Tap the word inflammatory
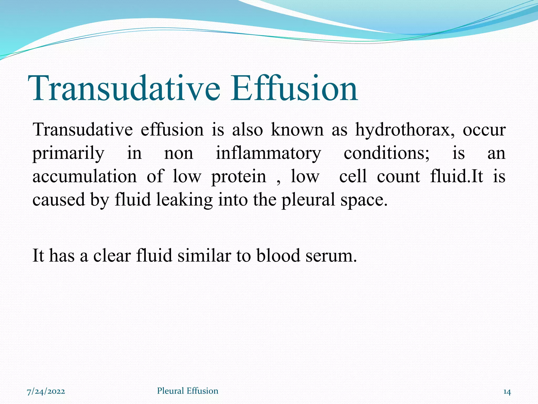268,153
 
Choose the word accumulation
85,176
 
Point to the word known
297,130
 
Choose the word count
398,176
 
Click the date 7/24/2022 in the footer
46,391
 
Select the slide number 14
507,392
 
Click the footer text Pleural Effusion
188,391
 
